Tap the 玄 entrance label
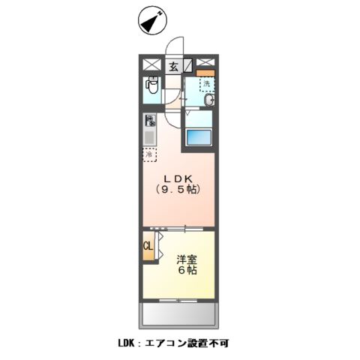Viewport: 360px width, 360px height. tap(173, 66)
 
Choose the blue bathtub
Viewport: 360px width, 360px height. tap(199, 138)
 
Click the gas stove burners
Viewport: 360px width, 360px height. tap(150, 120)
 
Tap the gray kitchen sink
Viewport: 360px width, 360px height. tap(150, 138)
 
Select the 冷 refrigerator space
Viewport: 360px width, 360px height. tap(150, 155)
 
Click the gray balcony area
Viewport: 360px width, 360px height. tap(179, 313)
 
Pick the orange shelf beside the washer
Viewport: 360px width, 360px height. tap(206, 73)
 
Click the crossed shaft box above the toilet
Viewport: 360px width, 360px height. tap(150, 66)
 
